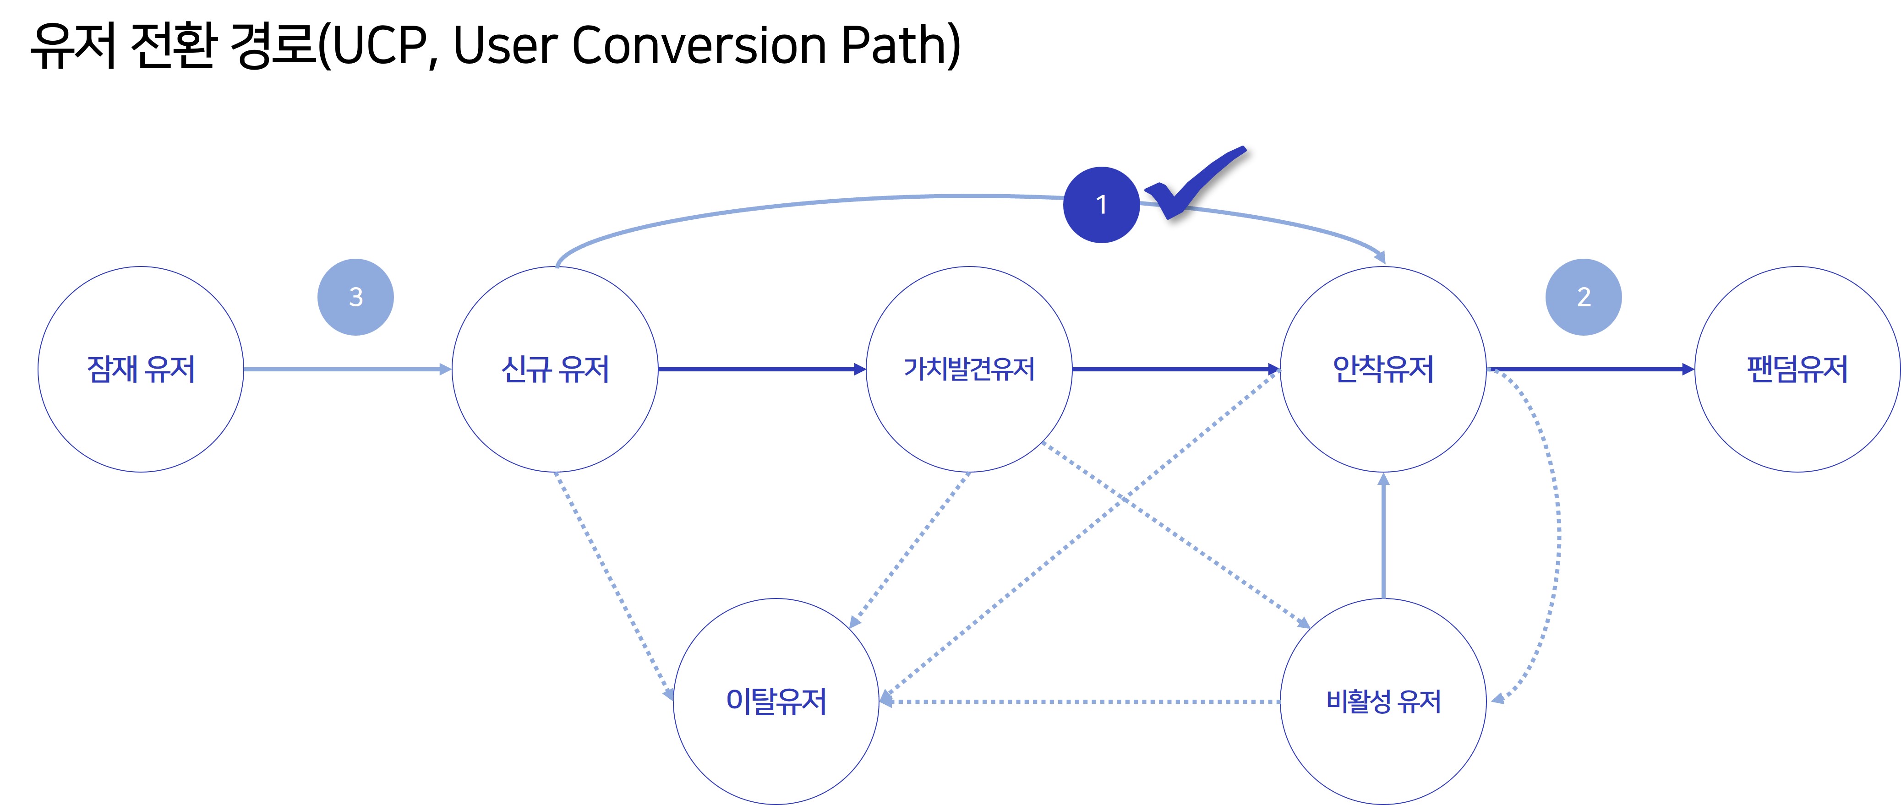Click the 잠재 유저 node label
pyautogui.click(x=141, y=370)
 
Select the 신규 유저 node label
pyautogui.click(x=555, y=370)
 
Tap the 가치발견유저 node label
pyautogui.click(x=969, y=369)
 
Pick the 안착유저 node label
pyautogui.click(x=1383, y=369)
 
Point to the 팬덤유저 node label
pyautogui.click(x=1797, y=369)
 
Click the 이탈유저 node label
pyautogui.click(x=776, y=701)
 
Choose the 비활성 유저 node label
pyautogui.click(x=1383, y=701)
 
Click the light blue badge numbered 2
pyautogui.click(x=1584, y=297)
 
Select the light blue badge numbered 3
pyautogui.click(x=356, y=297)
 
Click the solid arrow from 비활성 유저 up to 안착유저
pyautogui.click(x=1383, y=536)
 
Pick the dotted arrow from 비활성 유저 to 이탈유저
pyautogui.click(x=1080, y=701)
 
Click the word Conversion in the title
pyautogui.click(x=699, y=46)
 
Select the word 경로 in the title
pyautogui.click(x=273, y=46)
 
